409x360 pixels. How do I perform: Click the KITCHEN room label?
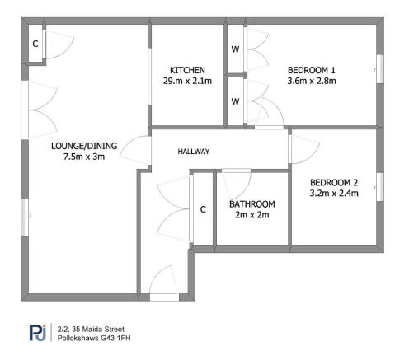[187, 70]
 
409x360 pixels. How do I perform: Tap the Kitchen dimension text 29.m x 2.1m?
[187, 81]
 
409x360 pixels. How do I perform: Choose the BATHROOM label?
[252, 203]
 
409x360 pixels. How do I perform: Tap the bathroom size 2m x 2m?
[252, 215]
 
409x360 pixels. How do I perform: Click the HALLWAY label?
[194, 152]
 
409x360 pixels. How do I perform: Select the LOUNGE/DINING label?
[84, 146]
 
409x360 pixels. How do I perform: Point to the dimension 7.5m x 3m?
[84, 157]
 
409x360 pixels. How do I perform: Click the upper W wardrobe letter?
[235, 49]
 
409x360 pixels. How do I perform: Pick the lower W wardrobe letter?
[235, 102]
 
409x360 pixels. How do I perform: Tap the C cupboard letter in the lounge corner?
[35, 44]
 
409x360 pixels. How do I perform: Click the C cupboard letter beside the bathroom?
[203, 209]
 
